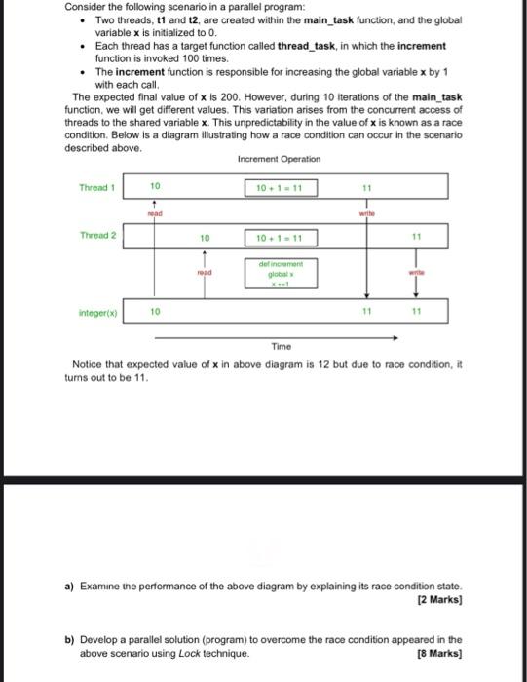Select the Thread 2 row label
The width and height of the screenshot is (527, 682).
pyautogui.click(x=97, y=236)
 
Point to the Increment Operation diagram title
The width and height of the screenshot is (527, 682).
pyautogui.click(x=278, y=159)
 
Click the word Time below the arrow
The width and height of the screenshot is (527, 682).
pyautogui.click(x=282, y=347)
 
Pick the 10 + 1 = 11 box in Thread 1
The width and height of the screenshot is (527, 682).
pyautogui.click(x=280, y=186)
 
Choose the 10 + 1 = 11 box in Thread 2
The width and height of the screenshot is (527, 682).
pyautogui.click(x=280, y=237)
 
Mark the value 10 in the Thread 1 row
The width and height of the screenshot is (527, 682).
pyautogui.click(x=155, y=185)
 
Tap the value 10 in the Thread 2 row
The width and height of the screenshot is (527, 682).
pyautogui.click(x=204, y=237)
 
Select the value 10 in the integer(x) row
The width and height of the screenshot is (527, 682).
pyautogui.click(x=155, y=312)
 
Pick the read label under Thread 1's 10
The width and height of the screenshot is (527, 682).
pyautogui.click(x=154, y=210)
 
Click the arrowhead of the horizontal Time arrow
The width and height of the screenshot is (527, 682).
pyautogui.click(x=395, y=337)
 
